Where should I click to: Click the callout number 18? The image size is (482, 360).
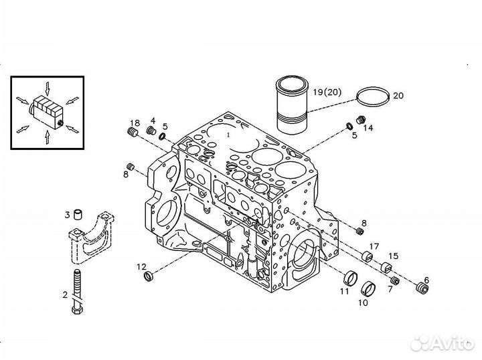(x=135, y=122)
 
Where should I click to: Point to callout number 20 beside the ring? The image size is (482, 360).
(x=398, y=96)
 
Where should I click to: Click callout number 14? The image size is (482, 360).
(x=368, y=127)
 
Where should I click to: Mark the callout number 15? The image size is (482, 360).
(x=393, y=255)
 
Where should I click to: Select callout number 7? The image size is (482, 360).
(x=389, y=288)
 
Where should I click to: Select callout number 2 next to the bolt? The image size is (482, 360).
(x=65, y=294)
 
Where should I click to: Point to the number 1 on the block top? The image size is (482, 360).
(x=228, y=134)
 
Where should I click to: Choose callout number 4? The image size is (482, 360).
(x=153, y=120)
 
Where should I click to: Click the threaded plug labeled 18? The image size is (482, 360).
(x=132, y=133)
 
